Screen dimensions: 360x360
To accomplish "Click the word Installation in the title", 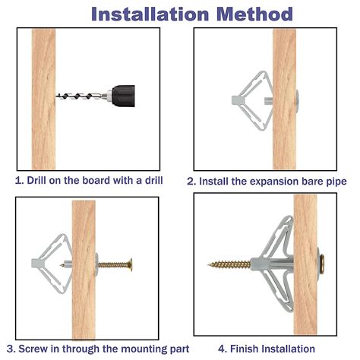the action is [150, 14].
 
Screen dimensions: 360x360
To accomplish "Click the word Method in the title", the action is [254, 14].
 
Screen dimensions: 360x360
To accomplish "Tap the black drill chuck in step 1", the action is [123, 96].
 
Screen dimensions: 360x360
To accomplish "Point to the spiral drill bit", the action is [81, 96].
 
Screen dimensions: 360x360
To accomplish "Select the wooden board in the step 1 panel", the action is [43, 99].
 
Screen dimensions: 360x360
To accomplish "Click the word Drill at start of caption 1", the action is [36, 181].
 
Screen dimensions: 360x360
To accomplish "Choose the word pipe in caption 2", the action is [336, 182].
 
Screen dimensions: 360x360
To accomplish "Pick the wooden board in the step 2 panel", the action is [284, 99].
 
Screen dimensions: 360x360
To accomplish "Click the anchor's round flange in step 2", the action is [297, 100].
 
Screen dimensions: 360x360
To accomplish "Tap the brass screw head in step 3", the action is [131, 265].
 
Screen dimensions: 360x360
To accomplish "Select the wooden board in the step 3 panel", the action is [84, 270].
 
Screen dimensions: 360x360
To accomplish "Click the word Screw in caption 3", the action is [33, 349].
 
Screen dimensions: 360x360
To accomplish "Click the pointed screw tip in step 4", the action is [209, 265].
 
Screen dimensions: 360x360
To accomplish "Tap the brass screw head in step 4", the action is [322, 264].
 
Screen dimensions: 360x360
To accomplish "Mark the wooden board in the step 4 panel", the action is [305, 264].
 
